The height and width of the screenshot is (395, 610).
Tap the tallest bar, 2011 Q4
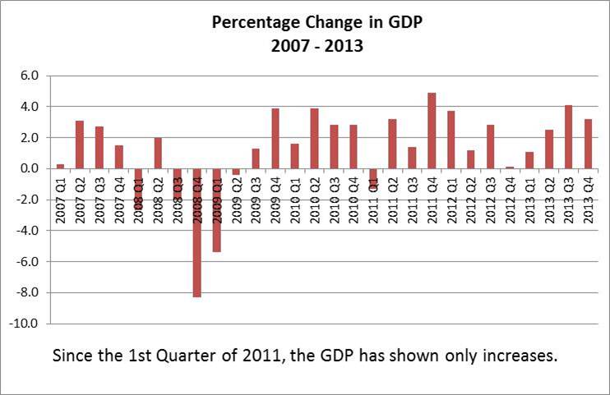click(x=432, y=131)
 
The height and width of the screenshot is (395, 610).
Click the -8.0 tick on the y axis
click(x=29, y=293)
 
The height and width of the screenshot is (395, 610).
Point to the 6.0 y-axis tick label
click(x=30, y=76)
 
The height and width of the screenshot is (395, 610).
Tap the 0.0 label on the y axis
click(x=30, y=168)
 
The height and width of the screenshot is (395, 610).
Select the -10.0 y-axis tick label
click(x=26, y=324)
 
